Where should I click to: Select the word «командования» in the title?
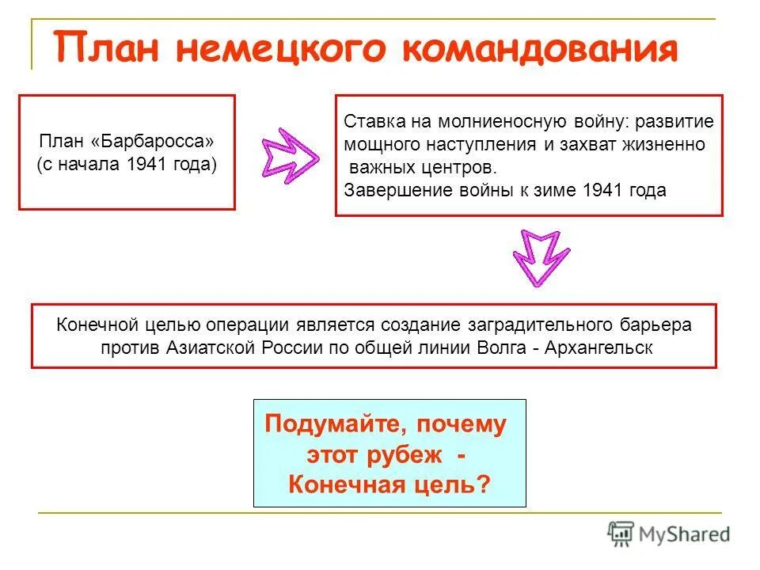(540, 49)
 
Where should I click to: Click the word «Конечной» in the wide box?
(89, 325)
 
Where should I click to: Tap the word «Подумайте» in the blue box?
(328, 424)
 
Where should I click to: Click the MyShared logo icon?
(621, 534)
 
